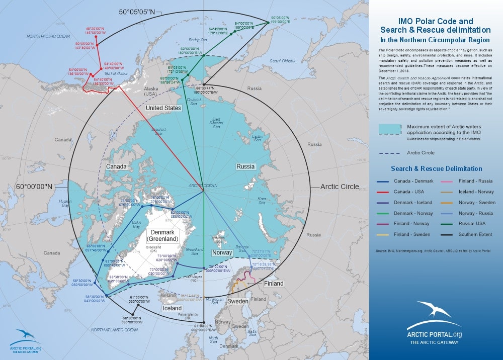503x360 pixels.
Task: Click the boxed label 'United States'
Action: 163,108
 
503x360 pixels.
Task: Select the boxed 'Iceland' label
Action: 172,308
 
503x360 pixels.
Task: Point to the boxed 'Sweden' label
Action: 237,302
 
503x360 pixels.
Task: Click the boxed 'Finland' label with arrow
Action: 274,284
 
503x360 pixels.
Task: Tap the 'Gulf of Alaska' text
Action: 117,73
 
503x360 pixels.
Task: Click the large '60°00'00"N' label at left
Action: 34,187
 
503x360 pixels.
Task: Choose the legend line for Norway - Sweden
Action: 448,203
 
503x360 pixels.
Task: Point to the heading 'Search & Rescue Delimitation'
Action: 437,169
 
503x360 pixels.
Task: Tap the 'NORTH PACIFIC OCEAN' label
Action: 49,36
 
